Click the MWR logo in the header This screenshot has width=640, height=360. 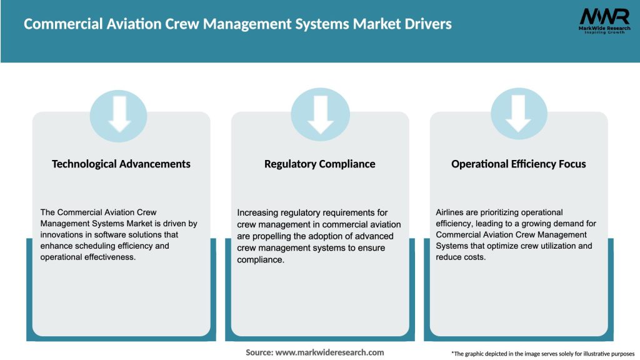604,16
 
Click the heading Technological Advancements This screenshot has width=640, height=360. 121,164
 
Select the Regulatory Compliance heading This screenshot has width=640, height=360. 320,164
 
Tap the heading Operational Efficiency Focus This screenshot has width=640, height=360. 519,164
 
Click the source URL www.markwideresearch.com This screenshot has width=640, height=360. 329,352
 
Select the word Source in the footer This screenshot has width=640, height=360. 259,352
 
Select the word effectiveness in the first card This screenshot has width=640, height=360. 107,257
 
